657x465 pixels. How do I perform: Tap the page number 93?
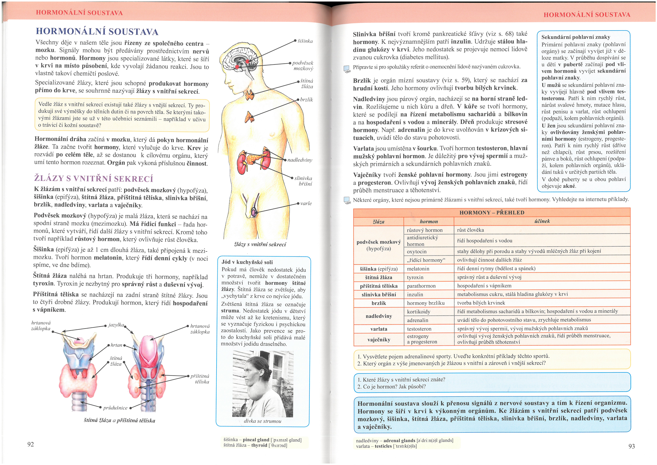tap(632, 446)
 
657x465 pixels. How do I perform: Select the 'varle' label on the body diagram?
tap(306, 203)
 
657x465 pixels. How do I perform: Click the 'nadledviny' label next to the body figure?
tap(300, 160)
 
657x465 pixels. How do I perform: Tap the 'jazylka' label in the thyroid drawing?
tap(116, 325)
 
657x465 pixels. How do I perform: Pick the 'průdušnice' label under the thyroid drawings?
tap(115, 408)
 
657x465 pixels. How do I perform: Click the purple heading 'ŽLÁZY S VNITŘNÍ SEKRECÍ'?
tap(94, 179)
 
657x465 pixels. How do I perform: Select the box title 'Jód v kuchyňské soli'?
tap(247, 262)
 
